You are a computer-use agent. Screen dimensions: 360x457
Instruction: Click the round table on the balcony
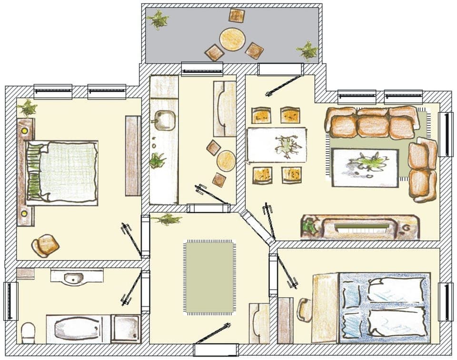click(x=232, y=39)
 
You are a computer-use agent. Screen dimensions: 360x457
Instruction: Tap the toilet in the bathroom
click(x=29, y=332)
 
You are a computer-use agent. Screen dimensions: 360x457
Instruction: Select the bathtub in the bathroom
click(x=78, y=329)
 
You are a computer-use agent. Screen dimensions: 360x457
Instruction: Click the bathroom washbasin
click(x=74, y=277)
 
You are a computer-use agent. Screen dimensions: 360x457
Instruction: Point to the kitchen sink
click(x=165, y=120)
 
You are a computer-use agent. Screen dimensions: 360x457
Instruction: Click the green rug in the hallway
click(x=209, y=277)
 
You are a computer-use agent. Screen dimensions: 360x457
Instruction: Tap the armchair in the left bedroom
click(x=45, y=245)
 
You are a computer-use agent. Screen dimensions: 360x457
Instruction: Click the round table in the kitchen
click(x=226, y=161)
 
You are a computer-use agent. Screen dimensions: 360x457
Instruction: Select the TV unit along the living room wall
click(x=360, y=227)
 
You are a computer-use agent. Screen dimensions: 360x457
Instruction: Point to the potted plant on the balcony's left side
click(x=158, y=20)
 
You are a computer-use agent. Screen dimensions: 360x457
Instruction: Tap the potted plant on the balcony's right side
click(x=308, y=50)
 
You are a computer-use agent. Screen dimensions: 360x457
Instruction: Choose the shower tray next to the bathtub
click(x=126, y=329)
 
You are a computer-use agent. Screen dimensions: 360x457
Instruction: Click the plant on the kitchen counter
click(x=157, y=160)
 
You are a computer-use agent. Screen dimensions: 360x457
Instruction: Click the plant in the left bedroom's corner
click(x=28, y=108)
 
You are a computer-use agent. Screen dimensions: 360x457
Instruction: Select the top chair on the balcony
click(x=237, y=16)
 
